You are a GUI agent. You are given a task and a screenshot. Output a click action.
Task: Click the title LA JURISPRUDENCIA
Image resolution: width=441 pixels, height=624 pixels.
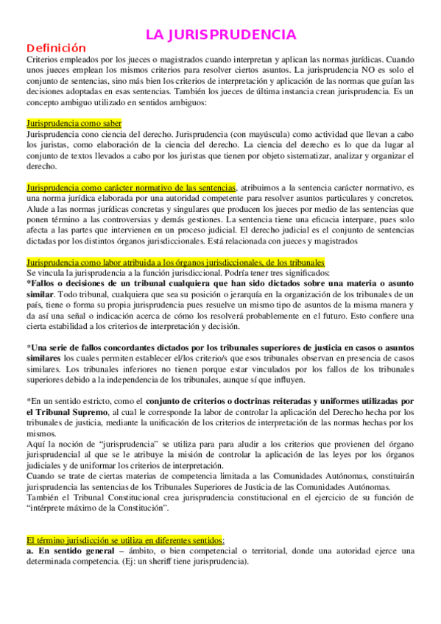point(221,35)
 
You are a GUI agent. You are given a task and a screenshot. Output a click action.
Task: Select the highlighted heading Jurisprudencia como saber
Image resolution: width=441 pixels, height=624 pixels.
point(74,124)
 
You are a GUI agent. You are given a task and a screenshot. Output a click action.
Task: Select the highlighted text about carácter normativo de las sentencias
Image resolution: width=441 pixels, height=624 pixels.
point(131,188)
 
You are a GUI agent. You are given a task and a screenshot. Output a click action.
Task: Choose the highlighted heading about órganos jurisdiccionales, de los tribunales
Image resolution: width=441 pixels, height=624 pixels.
point(174,263)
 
